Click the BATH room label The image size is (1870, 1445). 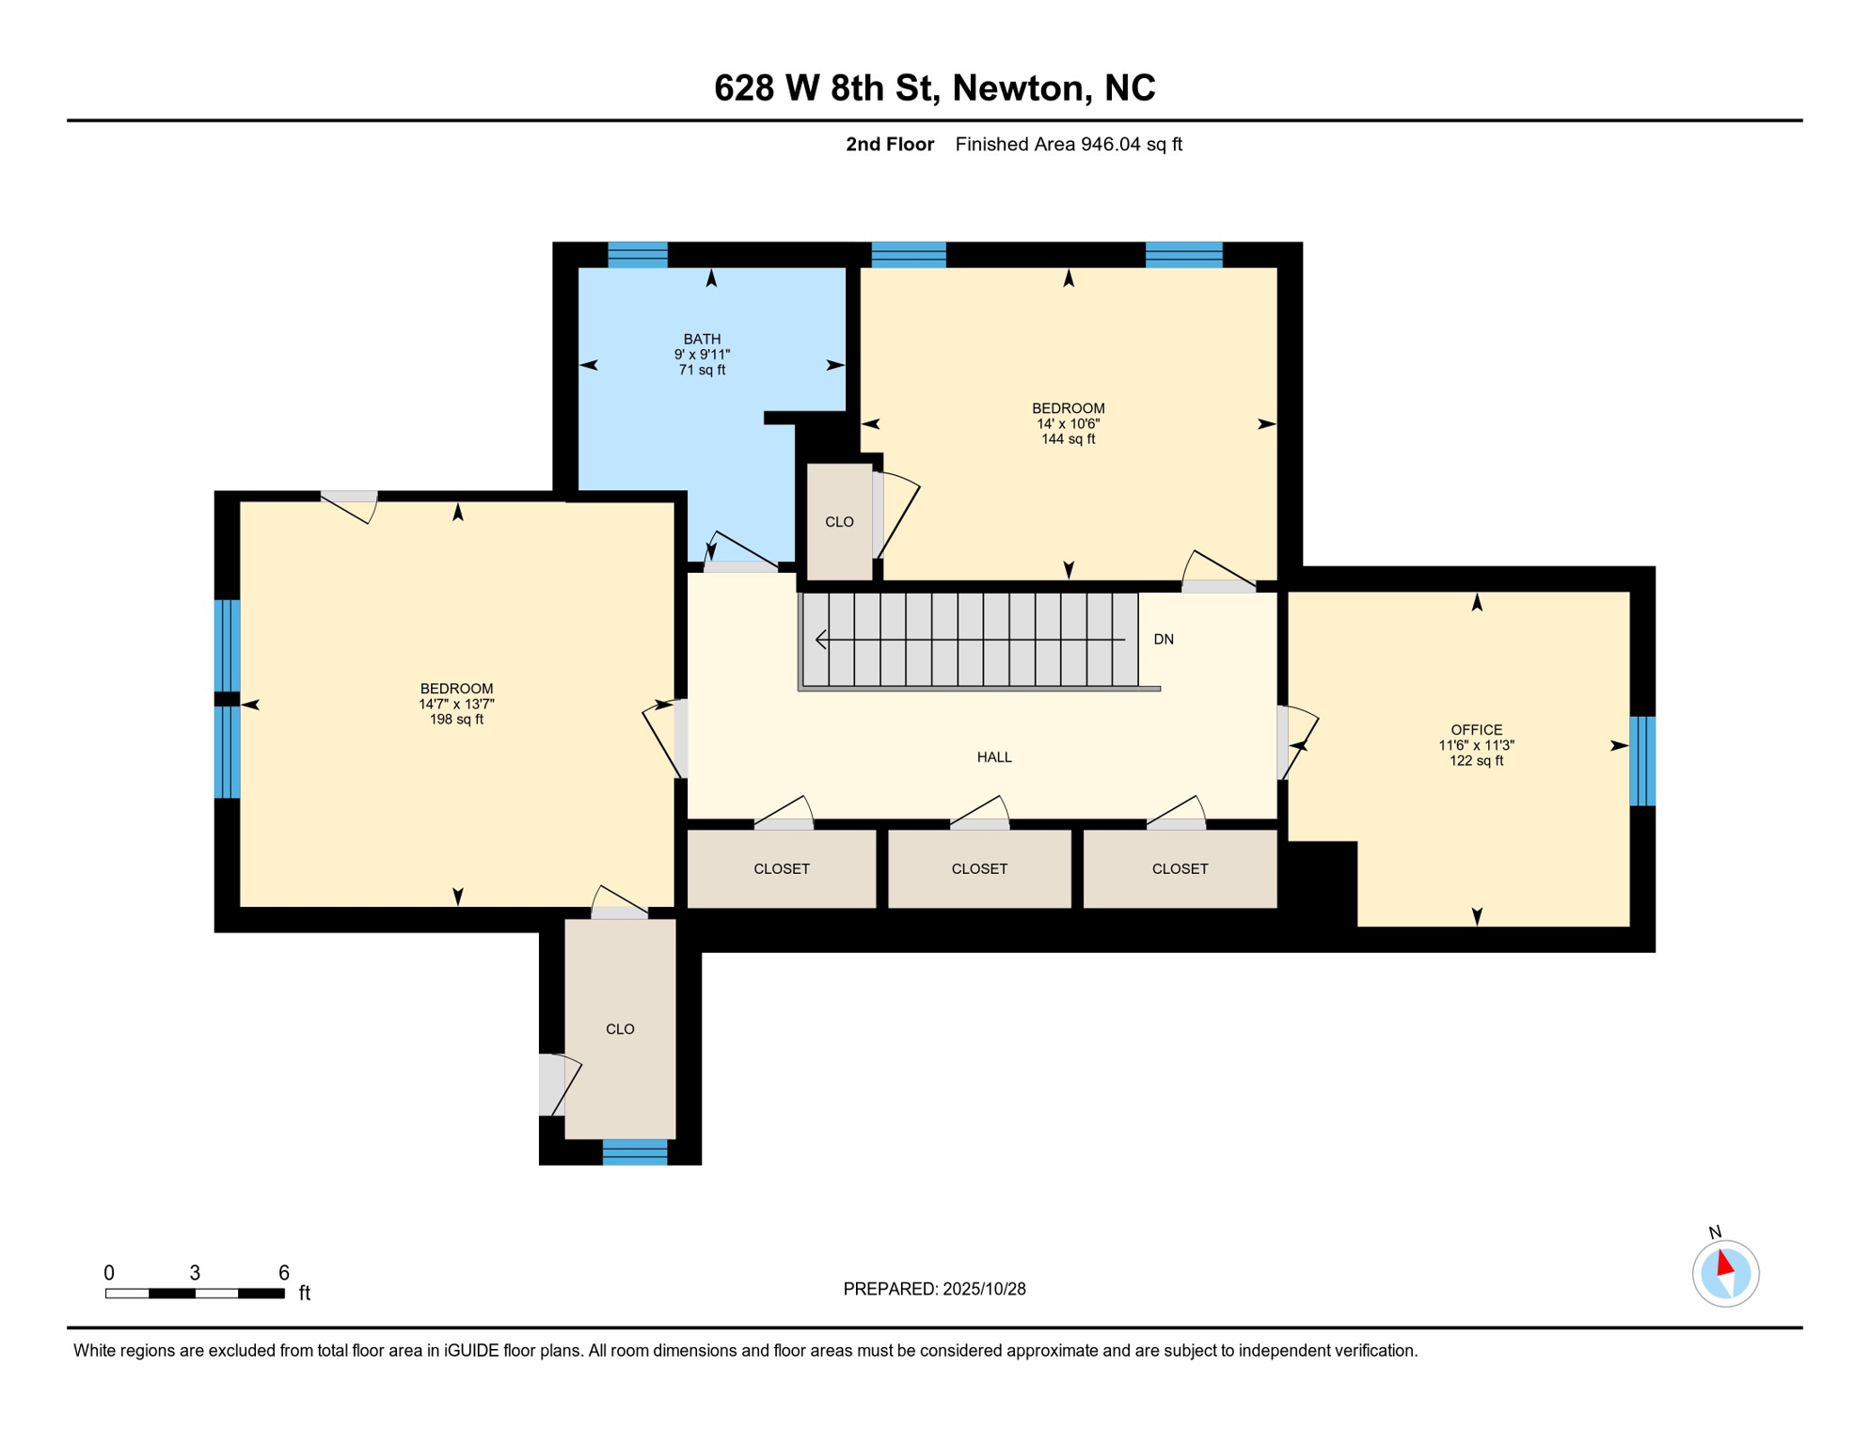click(x=702, y=339)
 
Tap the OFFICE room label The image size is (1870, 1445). click(x=1476, y=730)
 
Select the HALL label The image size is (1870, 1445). click(x=994, y=757)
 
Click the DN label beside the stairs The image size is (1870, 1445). click(x=1164, y=640)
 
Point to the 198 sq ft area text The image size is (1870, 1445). click(x=456, y=720)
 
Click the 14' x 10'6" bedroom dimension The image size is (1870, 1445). click(x=1068, y=424)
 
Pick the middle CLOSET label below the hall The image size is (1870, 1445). click(x=979, y=869)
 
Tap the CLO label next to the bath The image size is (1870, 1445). click(x=839, y=522)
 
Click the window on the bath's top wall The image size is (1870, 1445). click(x=638, y=255)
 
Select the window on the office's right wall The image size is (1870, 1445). click(x=1641, y=761)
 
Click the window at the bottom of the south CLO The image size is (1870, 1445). click(x=635, y=1151)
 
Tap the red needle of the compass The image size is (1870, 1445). click(x=1725, y=1262)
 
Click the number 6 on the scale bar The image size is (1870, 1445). click(x=283, y=1273)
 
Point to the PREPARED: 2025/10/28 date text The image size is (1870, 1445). click(x=934, y=1289)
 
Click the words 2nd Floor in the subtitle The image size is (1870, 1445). click(x=889, y=145)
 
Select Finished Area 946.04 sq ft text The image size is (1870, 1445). click(x=1068, y=145)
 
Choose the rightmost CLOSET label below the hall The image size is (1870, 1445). click(x=1180, y=869)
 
